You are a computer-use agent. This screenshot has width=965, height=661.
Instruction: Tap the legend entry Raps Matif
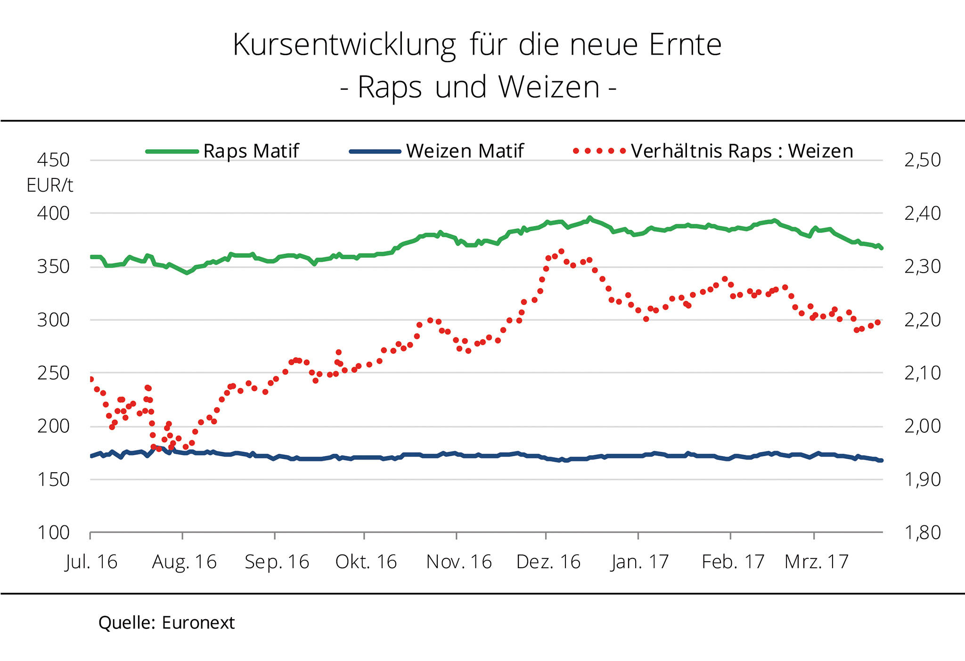coord(251,151)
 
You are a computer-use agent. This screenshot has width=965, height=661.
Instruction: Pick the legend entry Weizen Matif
coord(465,151)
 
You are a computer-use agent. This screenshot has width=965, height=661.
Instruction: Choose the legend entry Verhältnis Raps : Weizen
coord(742,151)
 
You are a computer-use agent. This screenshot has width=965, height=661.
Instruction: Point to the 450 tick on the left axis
coord(53,160)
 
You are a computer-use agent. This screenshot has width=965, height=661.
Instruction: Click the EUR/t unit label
coord(49,185)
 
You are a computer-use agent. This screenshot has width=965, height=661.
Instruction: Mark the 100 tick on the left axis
coord(53,532)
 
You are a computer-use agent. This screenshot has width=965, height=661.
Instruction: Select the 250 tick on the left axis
coord(53,373)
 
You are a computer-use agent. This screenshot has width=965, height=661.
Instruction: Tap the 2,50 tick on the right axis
coord(922,160)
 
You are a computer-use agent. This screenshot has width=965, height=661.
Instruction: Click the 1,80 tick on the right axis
coord(922,532)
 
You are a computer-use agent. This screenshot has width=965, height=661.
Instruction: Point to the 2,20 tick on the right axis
coord(922,320)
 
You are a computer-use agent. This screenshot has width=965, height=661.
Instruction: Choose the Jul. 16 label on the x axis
coord(91,562)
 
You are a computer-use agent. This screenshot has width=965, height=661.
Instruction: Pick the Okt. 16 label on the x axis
coord(366,562)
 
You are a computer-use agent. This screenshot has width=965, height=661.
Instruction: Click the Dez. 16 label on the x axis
coord(548,562)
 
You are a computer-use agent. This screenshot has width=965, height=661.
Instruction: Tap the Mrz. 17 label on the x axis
coord(816,562)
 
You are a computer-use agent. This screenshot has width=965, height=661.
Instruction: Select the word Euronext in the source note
coord(198,623)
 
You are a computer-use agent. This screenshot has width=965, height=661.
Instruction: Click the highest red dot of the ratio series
coord(561,251)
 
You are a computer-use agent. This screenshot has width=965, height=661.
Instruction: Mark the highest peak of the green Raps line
coord(590,218)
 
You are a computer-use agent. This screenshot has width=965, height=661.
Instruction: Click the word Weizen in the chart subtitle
coord(549,88)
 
